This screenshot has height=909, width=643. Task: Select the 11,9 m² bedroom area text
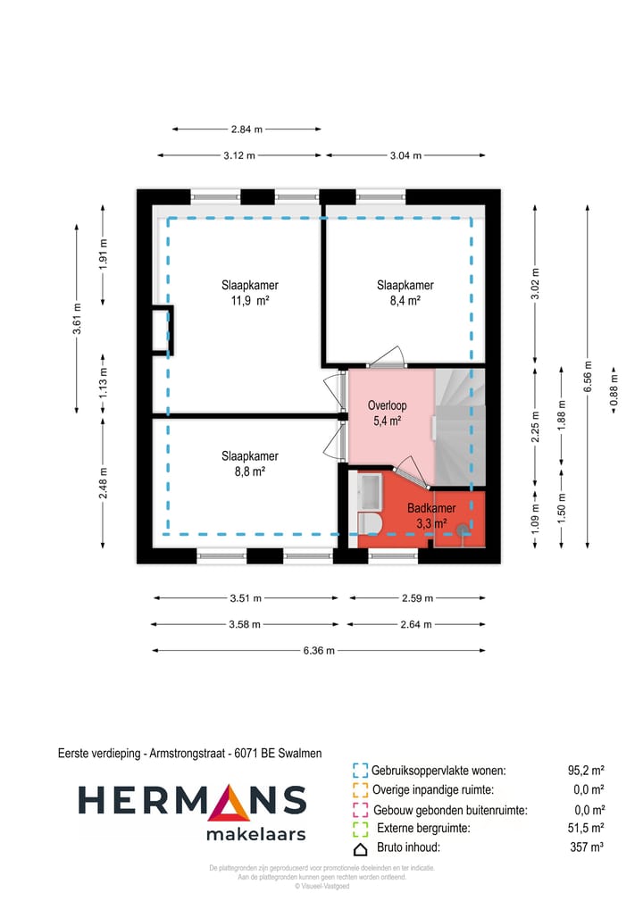(x=250, y=301)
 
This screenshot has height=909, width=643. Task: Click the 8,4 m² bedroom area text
(x=405, y=301)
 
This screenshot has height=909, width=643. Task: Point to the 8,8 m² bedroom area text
(x=250, y=471)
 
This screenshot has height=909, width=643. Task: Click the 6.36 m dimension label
(x=319, y=650)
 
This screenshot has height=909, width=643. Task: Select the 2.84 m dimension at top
(x=246, y=129)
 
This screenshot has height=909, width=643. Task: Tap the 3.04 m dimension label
(x=405, y=155)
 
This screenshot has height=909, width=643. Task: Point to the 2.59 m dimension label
(x=416, y=598)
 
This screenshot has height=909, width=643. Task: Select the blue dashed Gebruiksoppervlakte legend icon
(x=361, y=771)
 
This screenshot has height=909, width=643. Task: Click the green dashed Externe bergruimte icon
(x=361, y=829)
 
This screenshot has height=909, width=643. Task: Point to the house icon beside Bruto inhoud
(x=361, y=848)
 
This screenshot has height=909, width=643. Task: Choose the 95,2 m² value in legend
(x=586, y=771)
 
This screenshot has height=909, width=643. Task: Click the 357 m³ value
(x=587, y=848)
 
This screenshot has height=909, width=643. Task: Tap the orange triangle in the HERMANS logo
(x=231, y=803)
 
